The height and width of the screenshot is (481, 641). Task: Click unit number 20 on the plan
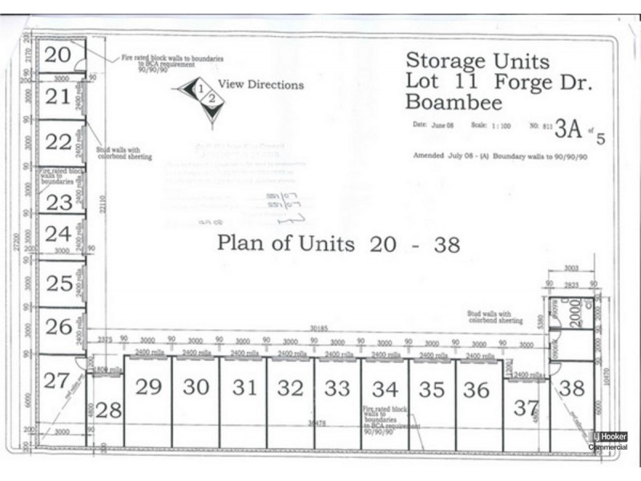(58, 55)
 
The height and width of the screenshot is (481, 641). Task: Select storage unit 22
(58, 142)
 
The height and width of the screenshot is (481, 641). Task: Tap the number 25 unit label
(58, 283)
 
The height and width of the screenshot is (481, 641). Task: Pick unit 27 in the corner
(56, 381)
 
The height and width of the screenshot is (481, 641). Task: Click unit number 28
(109, 410)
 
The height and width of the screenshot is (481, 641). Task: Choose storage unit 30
(196, 386)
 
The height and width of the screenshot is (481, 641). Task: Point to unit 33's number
(337, 388)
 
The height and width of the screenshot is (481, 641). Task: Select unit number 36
(476, 390)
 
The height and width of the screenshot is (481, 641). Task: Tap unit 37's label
(526, 408)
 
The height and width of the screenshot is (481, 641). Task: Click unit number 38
(572, 388)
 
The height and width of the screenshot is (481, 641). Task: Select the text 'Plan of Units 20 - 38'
(338, 244)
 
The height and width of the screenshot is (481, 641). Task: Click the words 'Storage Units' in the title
(478, 60)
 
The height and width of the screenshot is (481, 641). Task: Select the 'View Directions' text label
(260, 84)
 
